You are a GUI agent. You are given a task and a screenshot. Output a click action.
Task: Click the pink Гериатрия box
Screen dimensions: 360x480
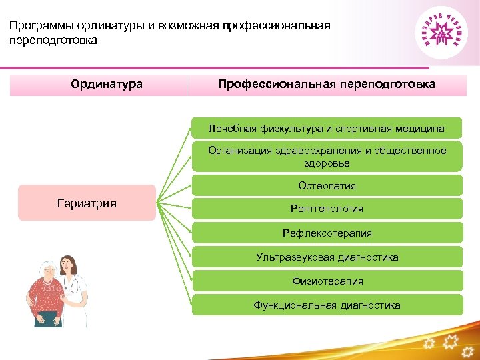87,203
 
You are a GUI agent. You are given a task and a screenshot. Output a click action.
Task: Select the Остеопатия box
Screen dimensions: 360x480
327,186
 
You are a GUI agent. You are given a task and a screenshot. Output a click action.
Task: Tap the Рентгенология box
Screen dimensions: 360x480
327,209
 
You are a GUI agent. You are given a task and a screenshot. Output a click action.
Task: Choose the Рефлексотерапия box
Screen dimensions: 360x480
327,233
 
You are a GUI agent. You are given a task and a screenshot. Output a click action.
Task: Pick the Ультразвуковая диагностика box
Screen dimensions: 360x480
327,257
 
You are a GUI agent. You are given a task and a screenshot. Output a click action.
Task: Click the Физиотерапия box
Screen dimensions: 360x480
327,281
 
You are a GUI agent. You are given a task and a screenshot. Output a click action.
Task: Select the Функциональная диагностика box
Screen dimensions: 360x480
327,305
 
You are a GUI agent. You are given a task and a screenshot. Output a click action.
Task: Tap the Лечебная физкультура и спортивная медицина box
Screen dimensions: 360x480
327,128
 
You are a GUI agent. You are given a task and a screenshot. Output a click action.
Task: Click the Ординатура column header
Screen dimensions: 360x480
107,85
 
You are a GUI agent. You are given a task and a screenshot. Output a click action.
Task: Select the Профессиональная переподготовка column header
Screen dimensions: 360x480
327,85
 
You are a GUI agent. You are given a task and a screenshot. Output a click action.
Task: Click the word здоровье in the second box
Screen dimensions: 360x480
327,163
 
